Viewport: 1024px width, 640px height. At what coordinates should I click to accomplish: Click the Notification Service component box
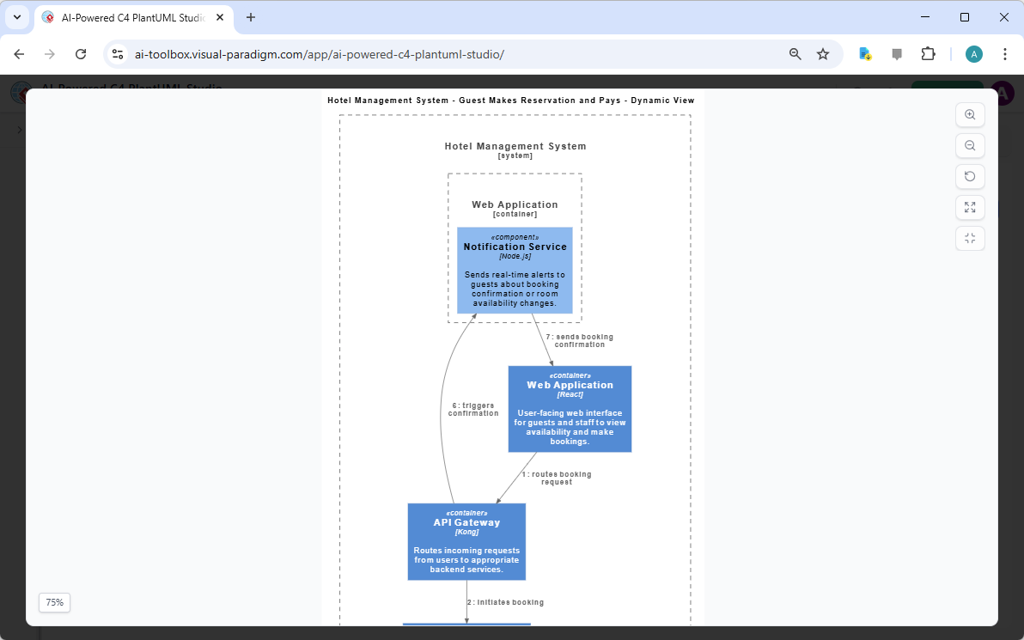515,270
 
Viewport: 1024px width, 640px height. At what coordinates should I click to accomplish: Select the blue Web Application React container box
570,409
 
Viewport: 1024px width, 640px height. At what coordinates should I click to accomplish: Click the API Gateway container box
466,541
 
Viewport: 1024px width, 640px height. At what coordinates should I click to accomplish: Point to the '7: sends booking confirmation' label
580,341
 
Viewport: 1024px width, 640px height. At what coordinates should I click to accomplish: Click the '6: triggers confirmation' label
473,410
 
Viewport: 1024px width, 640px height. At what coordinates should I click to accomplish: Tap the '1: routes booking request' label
557,478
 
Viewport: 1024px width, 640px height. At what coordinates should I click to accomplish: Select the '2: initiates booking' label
506,602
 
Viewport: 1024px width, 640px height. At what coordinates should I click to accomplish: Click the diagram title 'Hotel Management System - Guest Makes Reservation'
510,101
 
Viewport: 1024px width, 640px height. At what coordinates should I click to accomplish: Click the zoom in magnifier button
970,115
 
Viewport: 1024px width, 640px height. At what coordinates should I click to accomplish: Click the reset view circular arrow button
970,177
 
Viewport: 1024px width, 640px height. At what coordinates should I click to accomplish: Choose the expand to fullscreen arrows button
970,207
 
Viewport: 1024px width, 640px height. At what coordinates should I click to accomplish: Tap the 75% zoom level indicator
54,603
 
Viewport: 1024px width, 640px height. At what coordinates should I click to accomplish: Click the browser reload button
81,54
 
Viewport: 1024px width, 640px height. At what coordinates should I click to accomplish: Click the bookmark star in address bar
823,54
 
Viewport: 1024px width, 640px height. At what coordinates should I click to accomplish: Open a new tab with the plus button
251,17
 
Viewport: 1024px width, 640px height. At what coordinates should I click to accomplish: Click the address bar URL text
320,54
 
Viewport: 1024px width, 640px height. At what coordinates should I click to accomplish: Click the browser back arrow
19,54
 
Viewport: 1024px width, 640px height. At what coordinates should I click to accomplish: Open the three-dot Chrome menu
1005,54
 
